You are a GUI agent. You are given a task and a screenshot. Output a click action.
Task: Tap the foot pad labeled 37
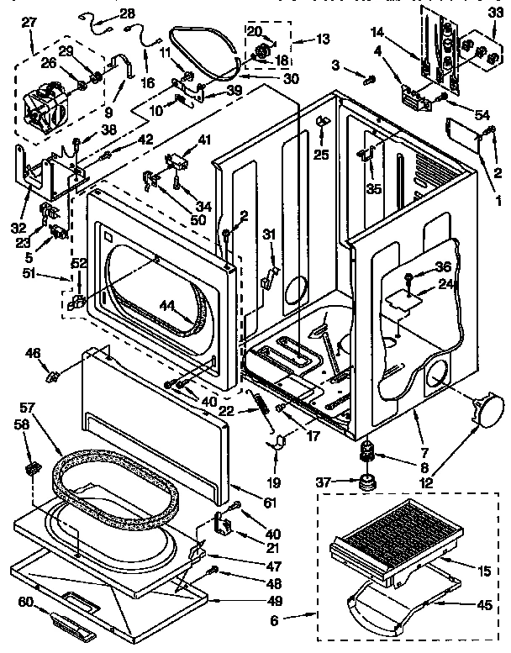367,485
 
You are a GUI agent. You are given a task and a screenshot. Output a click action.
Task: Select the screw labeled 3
369,80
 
